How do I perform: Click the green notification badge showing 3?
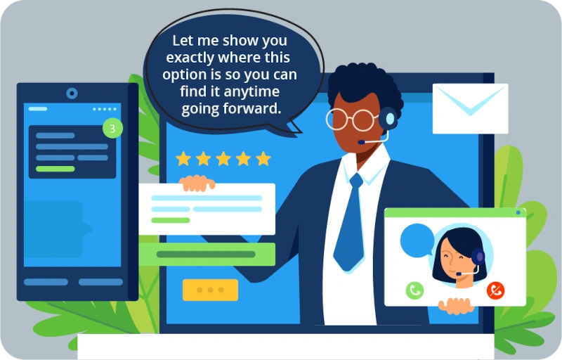pos(112,129)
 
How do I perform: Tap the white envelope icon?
pos(470,108)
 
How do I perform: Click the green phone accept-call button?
pos(414,290)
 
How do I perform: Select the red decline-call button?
pos(496,290)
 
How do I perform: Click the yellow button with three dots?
pos(210,290)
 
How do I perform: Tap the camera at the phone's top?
pos(72,93)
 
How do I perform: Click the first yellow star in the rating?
pos(183,158)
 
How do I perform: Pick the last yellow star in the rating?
pos(263,158)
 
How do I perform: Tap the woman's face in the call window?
pos(457,255)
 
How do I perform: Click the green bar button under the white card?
pos(207,254)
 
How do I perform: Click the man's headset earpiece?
pos(387,117)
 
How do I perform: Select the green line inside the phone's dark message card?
pos(55,169)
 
